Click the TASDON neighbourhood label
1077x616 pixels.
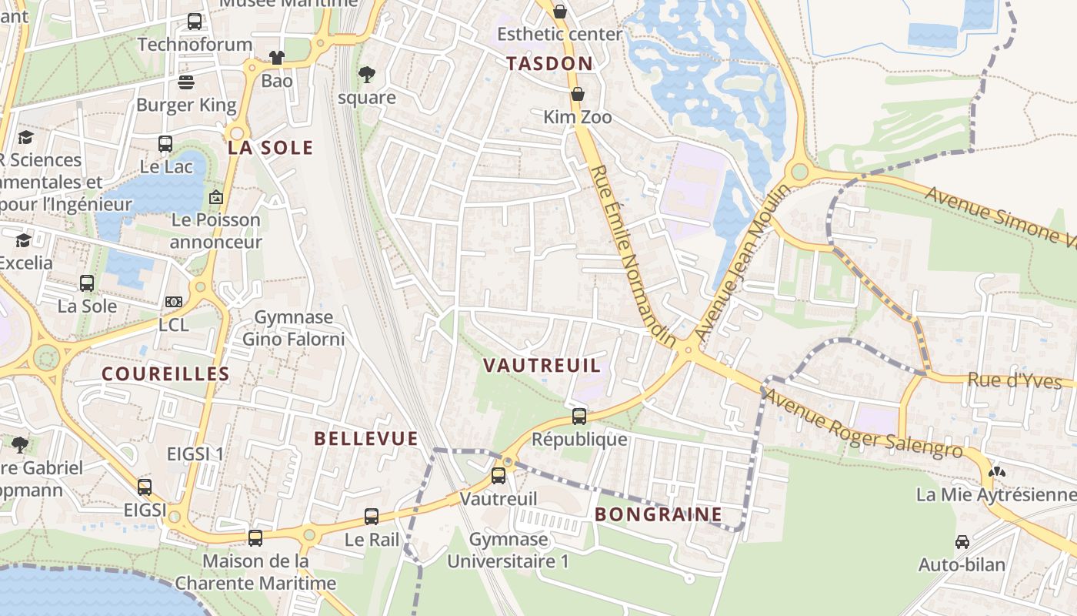(x=550, y=64)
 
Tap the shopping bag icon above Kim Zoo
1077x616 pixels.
(x=577, y=94)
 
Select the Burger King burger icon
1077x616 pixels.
(x=186, y=82)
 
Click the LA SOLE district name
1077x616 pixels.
(x=271, y=148)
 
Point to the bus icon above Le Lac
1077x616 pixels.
(x=165, y=143)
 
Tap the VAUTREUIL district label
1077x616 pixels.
(x=542, y=366)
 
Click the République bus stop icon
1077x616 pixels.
(x=579, y=417)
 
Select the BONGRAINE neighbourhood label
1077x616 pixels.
(x=659, y=514)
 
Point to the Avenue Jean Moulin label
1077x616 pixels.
(x=742, y=263)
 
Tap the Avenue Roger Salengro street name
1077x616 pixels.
(x=863, y=424)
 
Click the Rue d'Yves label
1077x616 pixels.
(x=1014, y=381)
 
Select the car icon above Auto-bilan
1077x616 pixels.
(x=962, y=542)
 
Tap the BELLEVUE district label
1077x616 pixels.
(x=366, y=439)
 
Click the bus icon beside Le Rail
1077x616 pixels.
(x=372, y=517)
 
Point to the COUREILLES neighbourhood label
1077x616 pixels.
(x=166, y=374)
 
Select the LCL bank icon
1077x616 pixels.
(x=174, y=302)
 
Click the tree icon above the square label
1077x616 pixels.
(x=367, y=75)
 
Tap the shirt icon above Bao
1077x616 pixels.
(x=276, y=58)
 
